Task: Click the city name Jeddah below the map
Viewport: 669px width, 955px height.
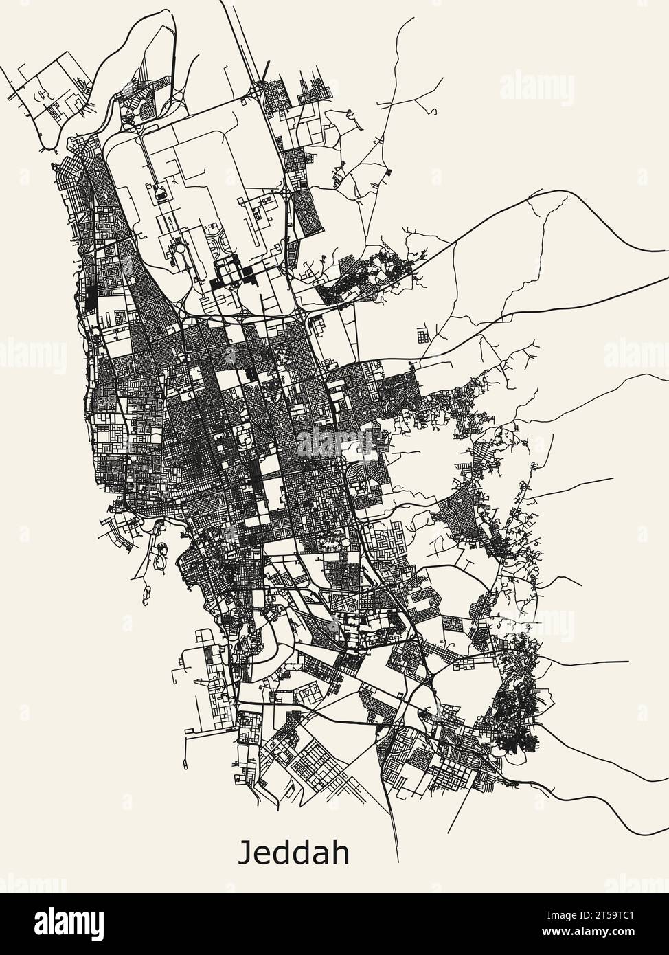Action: tap(293, 853)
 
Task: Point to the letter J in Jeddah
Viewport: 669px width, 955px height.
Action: tap(245, 853)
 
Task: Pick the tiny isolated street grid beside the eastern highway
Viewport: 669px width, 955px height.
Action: tap(422, 336)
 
